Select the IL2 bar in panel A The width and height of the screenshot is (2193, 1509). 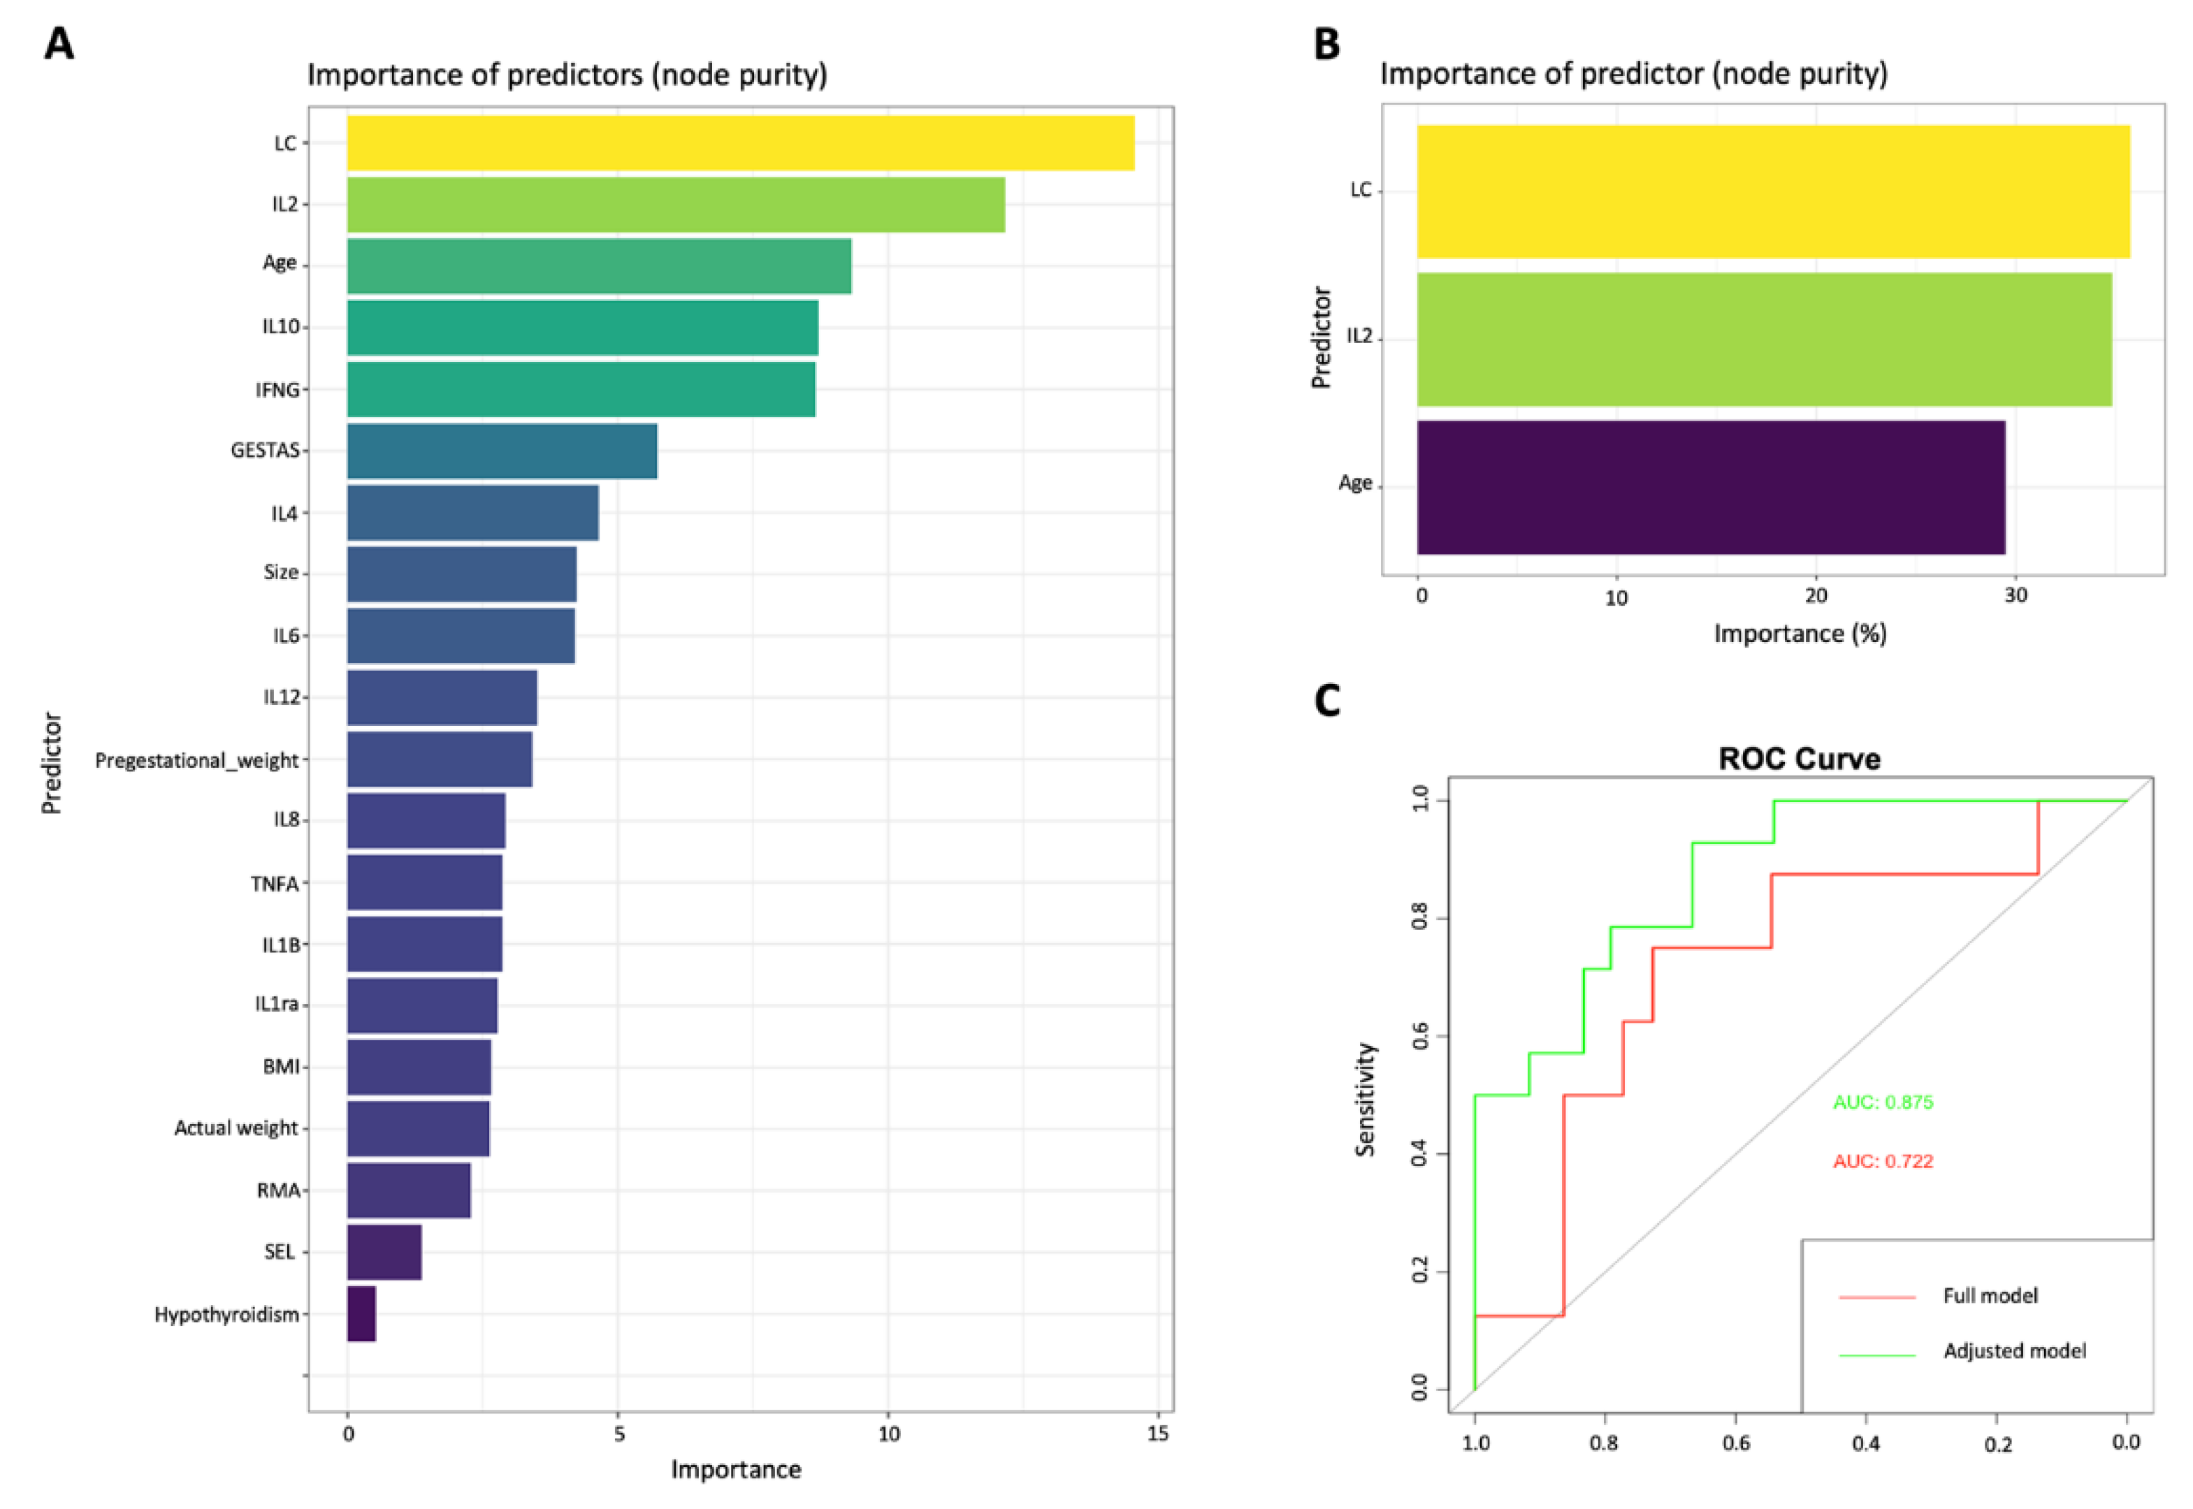(x=675, y=204)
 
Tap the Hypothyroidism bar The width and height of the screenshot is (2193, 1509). (x=361, y=1313)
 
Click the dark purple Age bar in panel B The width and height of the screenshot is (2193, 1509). (x=1710, y=487)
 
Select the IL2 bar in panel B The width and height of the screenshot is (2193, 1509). (x=1764, y=340)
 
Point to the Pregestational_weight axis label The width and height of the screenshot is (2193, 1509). (x=196, y=760)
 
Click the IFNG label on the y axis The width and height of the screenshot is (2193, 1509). (x=277, y=390)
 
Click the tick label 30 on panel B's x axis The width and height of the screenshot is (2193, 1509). (x=2015, y=596)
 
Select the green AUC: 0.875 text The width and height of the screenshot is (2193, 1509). (x=1882, y=1102)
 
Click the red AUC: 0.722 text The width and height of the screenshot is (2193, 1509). (x=1882, y=1161)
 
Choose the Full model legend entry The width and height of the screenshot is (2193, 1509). (x=1990, y=1295)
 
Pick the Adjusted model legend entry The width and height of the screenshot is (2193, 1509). (x=2014, y=1351)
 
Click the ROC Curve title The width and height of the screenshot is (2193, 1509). (x=1799, y=758)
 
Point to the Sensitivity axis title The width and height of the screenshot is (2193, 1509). (x=1365, y=1099)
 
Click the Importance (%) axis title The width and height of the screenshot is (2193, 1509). (x=1800, y=634)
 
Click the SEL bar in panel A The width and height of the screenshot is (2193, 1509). (x=384, y=1252)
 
